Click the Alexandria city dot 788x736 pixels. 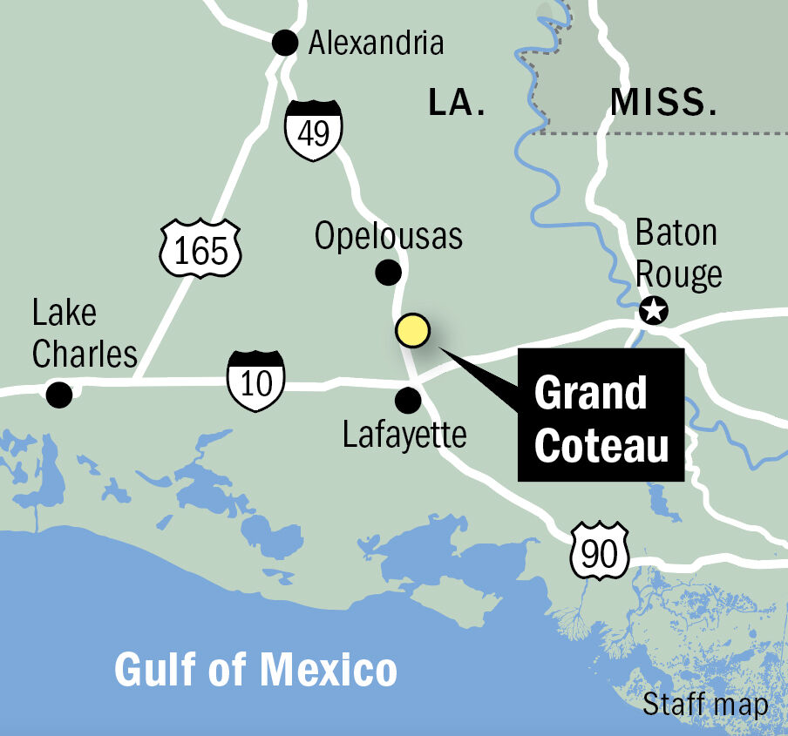tap(285, 42)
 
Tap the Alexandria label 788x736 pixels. tap(376, 42)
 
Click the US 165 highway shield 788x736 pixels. tap(200, 249)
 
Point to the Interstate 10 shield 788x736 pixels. tap(256, 381)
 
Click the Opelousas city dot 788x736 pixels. tap(388, 273)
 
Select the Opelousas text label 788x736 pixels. tap(389, 236)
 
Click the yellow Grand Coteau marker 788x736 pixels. tap(412, 331)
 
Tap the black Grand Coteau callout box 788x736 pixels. tap(601, 416)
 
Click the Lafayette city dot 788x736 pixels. tap(407, 401)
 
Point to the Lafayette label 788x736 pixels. tap(405, 435)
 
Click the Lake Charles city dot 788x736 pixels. tap(59, 395)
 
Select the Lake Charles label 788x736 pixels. tap(84, 334)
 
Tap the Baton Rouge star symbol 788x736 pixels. tap(653, 310)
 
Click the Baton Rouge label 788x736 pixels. tap(678, 253)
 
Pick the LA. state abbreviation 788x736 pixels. tap(457, 103)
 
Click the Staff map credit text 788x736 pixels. tap(706, 705)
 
